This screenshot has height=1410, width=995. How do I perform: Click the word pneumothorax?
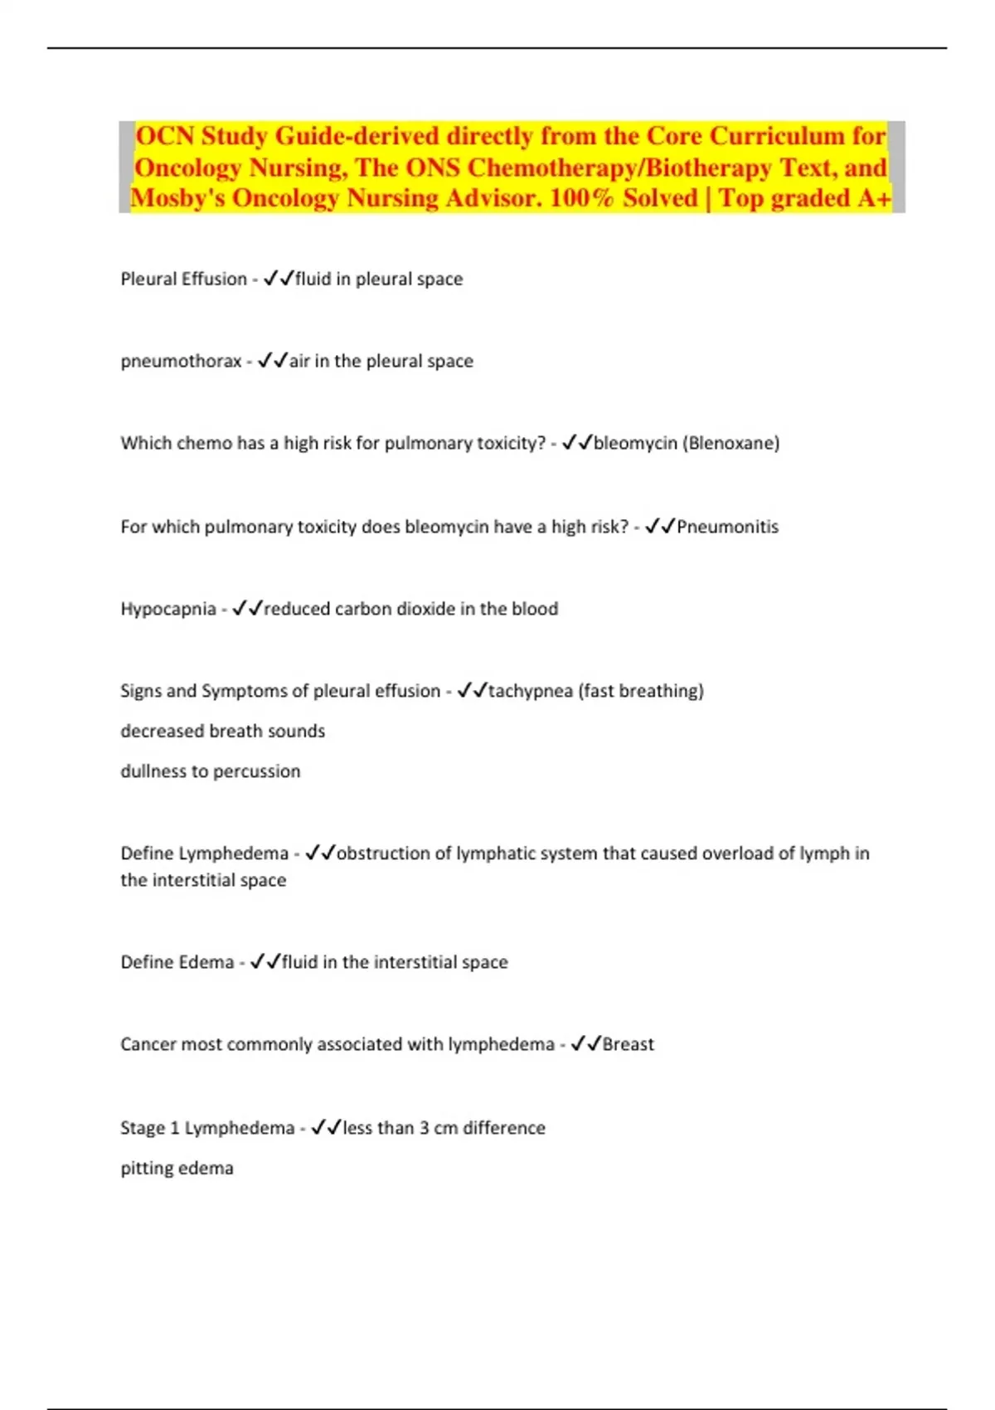pyautogui.click(x=181, y=362)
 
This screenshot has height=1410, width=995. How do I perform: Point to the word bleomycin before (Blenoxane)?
pyautogui.click(x=635, y=444)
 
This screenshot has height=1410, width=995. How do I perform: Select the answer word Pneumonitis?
pyautogui.click(x=727, y=527)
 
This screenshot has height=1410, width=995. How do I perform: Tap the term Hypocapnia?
pyautogui.click(x=167, y=610)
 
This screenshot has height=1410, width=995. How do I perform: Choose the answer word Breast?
pyautogui.click(x=628, y=1044)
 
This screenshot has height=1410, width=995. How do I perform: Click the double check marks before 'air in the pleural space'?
pyautogui.click(x=272, y=361)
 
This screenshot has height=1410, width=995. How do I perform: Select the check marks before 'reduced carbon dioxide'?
pyautogui.click(x=247, y=609)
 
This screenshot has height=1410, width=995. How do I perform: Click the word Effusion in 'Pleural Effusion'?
pyautogui.click(x=218, y=280)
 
